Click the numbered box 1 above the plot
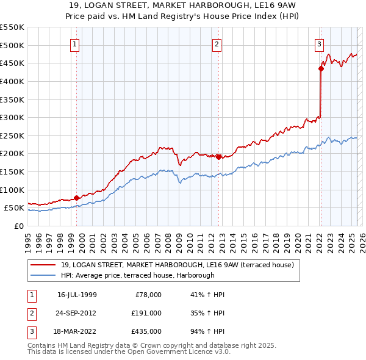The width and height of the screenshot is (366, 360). [x=74, y=44]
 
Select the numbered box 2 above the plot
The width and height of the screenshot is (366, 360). [x=217, y=44]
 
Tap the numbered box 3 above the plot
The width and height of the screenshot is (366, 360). [x=319, y=44]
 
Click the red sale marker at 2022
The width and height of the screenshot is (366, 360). [x=321, y=68]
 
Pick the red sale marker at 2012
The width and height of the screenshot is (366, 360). [x=218, y=157]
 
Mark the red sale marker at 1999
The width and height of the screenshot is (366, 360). [x=76, y=198]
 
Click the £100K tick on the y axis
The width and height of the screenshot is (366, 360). [x=12, y=190]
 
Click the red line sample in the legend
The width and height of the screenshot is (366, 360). [x=43, y=265]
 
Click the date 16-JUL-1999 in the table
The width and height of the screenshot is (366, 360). [x=77, y=295]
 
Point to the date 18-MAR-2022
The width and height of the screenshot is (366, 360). [x=77, y=332]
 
